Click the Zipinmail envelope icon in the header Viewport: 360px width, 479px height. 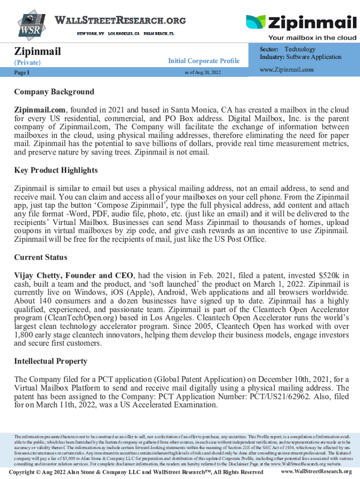click(x=255, y=23)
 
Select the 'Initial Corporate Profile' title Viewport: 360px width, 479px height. click(x=203, y=61)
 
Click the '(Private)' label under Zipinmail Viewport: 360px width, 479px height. click(x=27, y=62)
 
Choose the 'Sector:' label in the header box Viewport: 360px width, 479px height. click(x=269, y=49)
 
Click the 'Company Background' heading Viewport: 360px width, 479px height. click(x=54, y=92)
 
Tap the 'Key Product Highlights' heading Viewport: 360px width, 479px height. click(x=56, y=170)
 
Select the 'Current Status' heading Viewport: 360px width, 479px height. click(x=41, y=257)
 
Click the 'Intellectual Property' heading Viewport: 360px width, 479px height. click(x=50, y=362)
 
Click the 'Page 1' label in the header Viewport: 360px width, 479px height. click(x=22, y=73)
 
